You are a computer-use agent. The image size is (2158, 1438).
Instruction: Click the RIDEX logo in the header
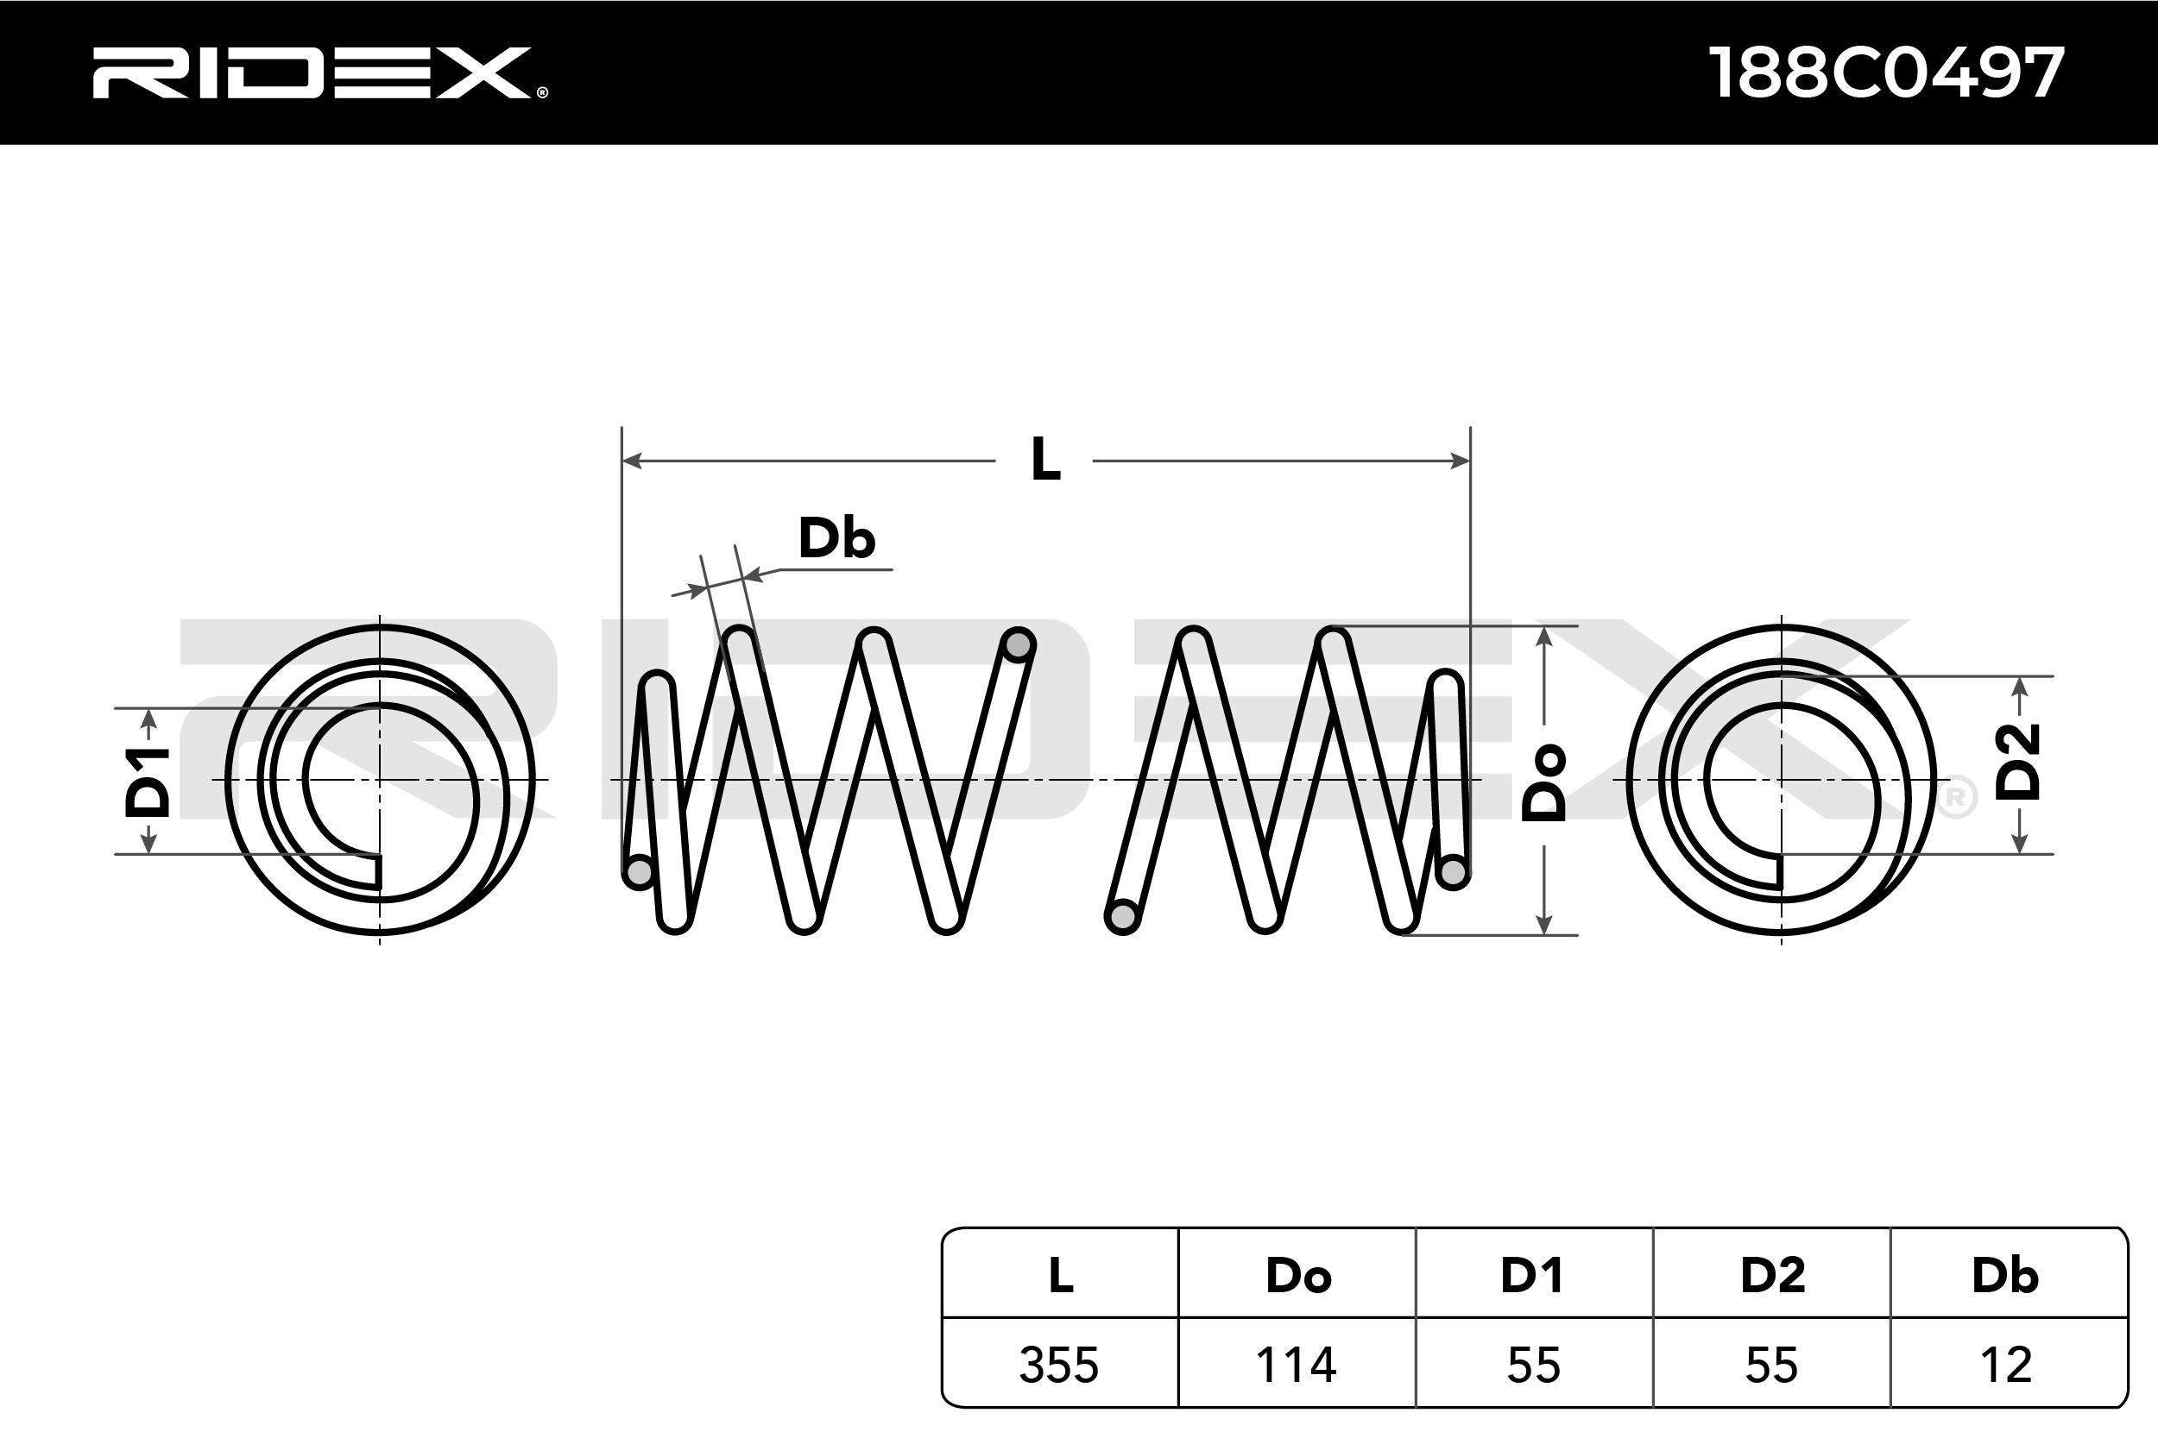[319, 72]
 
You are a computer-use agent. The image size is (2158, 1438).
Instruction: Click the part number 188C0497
[1885, 72]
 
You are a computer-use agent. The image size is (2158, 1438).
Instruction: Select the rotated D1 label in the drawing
[148, 782]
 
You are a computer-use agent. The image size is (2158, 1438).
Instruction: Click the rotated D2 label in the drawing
[2017, 762]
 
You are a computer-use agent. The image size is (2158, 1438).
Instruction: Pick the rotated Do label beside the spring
[1544, 782]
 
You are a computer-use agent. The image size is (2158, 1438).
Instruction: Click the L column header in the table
[1061, 1275]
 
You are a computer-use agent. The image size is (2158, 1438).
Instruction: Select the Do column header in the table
[1297, 1275]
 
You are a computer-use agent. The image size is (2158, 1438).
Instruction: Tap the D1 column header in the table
[1531, 1275]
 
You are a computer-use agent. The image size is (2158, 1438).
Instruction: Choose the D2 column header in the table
[1773, 1275]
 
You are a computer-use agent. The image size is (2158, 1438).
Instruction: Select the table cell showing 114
[1296, 1365]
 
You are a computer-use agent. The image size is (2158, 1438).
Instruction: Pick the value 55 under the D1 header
[1533, 1365]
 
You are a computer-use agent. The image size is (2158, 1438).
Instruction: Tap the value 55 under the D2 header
[1770, 1365]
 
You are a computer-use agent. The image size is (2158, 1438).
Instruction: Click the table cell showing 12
[2007, 1365]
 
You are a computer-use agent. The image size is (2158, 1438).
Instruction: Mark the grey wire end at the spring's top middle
[1018, 644]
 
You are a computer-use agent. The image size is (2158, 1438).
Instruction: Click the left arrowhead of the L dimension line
[631, 461]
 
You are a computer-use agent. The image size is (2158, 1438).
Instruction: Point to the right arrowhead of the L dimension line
[1460, 461]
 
